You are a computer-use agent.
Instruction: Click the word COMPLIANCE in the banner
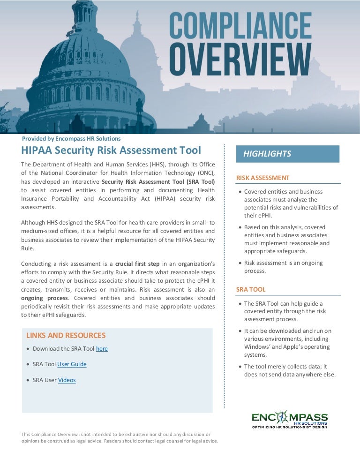240,28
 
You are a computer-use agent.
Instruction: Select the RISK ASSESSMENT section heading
262,178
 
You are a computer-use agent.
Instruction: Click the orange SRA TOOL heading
251,289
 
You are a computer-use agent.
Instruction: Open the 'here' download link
102,349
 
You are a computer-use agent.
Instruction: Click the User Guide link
72,364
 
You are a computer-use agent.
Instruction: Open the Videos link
67,380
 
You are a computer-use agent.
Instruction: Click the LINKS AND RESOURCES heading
66,335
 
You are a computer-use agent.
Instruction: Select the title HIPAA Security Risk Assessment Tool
111,150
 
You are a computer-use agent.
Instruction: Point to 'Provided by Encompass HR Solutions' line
71,139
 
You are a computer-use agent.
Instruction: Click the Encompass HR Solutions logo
290,419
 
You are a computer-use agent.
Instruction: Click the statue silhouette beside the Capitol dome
139,108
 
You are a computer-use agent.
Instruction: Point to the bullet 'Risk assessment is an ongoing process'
283,267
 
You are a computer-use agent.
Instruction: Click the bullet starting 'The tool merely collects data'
290,370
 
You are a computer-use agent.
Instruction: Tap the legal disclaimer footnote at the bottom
120,437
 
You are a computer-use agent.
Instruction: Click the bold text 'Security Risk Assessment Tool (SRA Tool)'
158,181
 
